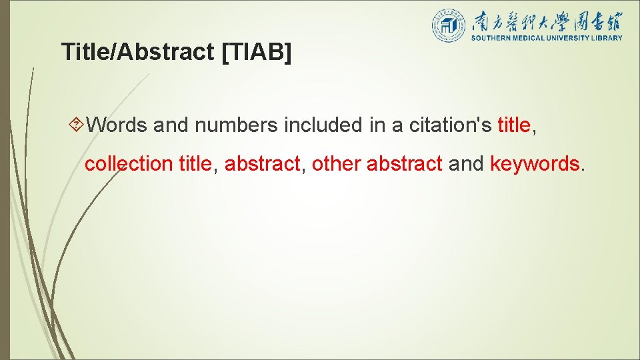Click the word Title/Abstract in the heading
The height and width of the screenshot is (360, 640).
point(137,52)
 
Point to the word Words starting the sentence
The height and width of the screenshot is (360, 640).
point(117,125)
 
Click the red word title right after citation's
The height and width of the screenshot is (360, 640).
point(514,125)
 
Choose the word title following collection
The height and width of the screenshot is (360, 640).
point(195,164)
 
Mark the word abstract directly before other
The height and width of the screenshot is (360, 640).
point(262,164)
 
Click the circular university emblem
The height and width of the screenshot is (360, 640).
point(448,25)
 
